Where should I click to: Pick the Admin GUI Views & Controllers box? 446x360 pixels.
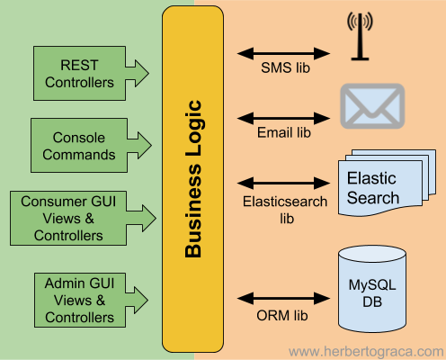coord(79,301)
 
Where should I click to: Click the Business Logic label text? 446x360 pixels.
coord(192,180)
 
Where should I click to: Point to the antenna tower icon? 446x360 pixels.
coord(360,38)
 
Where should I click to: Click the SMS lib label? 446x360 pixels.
coord(284,69)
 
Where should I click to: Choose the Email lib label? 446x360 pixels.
coord(284,132)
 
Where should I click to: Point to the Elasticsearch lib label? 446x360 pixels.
coord(284,210)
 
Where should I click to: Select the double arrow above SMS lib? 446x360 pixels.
coord(284,53)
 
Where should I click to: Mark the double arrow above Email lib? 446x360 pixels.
coord(284,116)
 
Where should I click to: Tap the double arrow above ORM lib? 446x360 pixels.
coord(284,296)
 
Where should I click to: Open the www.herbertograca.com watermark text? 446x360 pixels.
coord(365,350)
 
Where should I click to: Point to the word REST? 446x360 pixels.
coord(79,65)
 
